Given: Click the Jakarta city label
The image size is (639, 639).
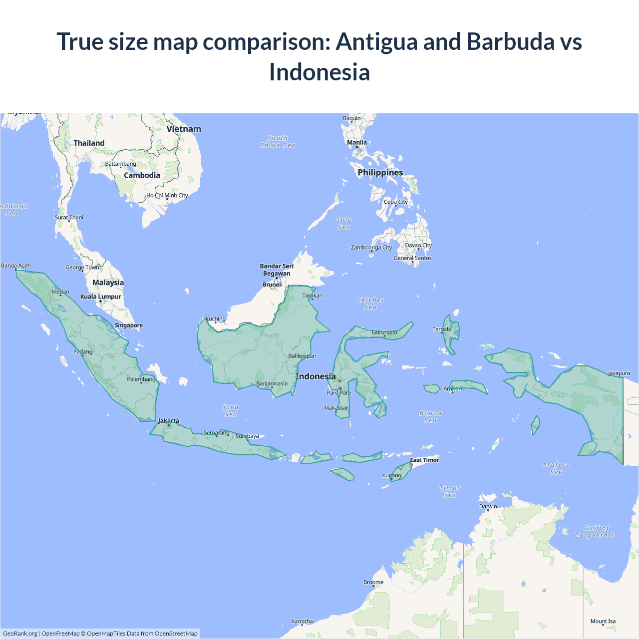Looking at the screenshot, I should click(169, 421).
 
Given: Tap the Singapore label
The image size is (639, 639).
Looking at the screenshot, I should click(129, 325).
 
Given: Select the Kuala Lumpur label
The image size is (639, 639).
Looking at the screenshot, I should click(101, 297).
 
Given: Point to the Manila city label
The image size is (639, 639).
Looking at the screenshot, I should click(357, 143).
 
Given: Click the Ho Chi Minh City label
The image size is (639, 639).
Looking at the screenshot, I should click(167, 196).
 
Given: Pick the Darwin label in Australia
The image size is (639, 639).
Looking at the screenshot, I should click(488, 506).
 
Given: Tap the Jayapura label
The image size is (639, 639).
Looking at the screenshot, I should click(619, 373).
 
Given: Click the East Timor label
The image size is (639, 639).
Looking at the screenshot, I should click(424, 460).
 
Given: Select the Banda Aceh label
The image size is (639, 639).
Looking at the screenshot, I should click(16, 266).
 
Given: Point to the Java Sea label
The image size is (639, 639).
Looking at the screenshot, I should click(231, 410).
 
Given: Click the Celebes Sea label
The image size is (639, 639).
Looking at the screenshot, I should click(371, 304).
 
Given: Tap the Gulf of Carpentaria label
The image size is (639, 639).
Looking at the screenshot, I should click(597, 532).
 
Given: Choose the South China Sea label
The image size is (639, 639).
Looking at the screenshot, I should click(278, 142).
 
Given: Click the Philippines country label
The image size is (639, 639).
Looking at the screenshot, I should click(380, 173).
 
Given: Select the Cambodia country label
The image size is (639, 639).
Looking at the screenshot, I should click(142, 175).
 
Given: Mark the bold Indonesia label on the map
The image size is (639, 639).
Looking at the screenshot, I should click(316, 376).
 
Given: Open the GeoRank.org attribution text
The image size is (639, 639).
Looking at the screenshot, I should click(20, 634).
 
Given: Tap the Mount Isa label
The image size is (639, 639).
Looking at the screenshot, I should click(603, 622).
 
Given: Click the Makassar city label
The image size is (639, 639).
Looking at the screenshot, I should click(336, 408).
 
